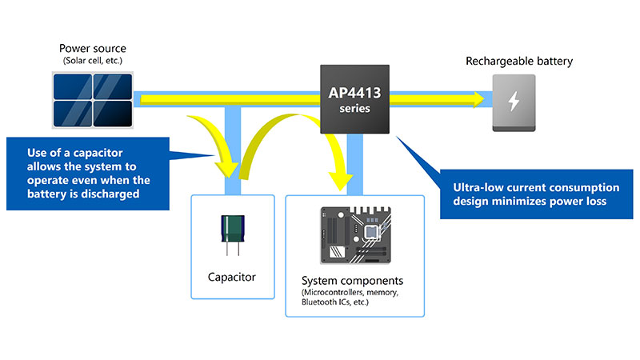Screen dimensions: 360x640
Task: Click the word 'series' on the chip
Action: click(354, 109)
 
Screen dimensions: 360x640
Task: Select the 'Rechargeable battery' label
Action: click(519, 61)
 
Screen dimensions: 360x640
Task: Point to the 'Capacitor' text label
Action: click(232, 277)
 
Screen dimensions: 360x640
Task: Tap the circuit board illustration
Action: click(365, 236)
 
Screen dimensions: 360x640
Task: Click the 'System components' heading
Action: click(352, 282)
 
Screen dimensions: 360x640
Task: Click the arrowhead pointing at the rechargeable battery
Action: click(478, 99)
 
